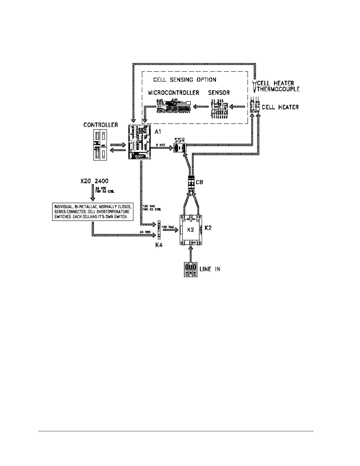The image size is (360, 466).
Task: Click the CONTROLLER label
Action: point(101,125)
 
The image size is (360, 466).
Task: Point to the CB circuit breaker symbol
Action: point(191,182)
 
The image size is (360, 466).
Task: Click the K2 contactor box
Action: point(191,230)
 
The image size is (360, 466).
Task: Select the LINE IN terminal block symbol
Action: point(191,269)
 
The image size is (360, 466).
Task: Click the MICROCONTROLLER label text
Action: point(174,93)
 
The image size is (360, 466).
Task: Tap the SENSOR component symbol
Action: point(219,109)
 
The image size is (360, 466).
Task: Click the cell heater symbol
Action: point(254,107)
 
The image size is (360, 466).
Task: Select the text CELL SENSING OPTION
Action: point(185,80)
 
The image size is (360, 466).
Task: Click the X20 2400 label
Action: point(94,181)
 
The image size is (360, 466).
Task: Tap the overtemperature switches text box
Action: point(93,212)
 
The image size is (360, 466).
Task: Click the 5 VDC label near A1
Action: point(161,145)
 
